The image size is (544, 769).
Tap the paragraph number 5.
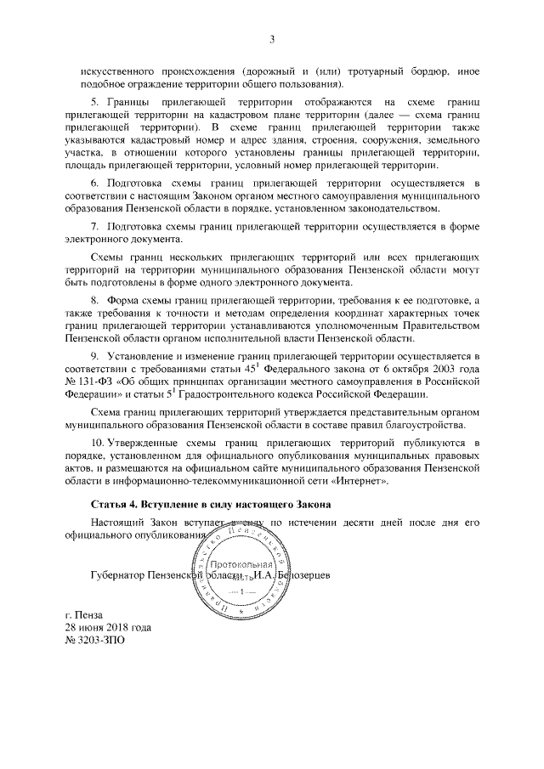click(x=93, y=101)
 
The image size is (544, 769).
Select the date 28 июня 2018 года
click(x=109, y=627)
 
